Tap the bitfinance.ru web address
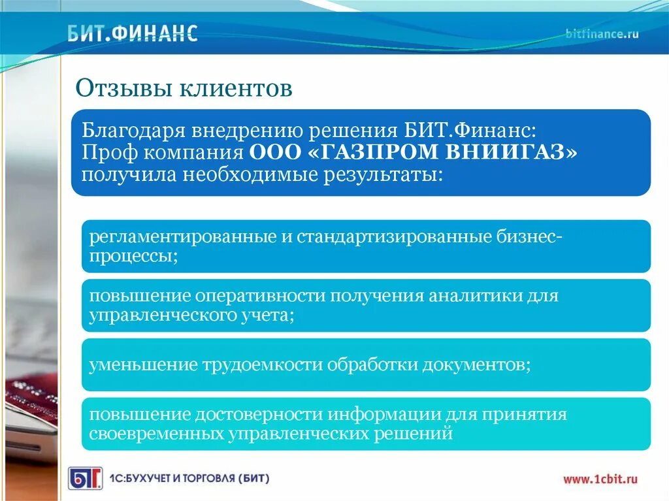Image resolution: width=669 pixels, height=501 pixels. pos(602,34)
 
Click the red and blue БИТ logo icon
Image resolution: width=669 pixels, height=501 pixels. pos(86,478)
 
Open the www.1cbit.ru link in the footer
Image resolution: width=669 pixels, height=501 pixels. pos(601,479)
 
